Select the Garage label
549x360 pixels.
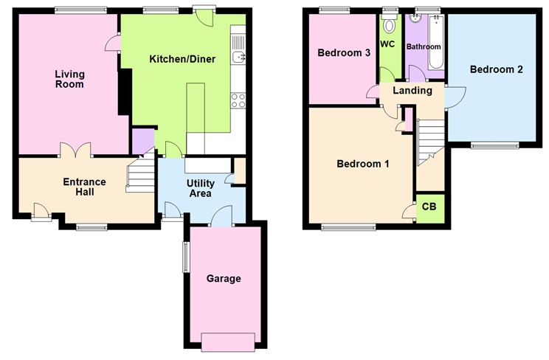[x=224, y=279]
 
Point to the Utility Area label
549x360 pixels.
[x=200, y=187]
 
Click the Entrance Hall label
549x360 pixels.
[x=84, y=187]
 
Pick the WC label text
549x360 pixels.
[x=388, y=45]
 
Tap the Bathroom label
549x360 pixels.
[x=424, y=46]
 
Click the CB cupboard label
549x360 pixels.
[x=429, y=207]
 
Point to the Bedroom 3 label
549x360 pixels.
[x=344, y=53]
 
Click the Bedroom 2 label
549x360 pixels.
[x=497, y=70]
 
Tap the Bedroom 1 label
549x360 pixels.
[x=363, y=165]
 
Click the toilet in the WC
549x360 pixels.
[x=390, y=25]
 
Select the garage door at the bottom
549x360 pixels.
[x=225, y=340]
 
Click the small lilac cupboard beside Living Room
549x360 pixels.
[x=143, y=140]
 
